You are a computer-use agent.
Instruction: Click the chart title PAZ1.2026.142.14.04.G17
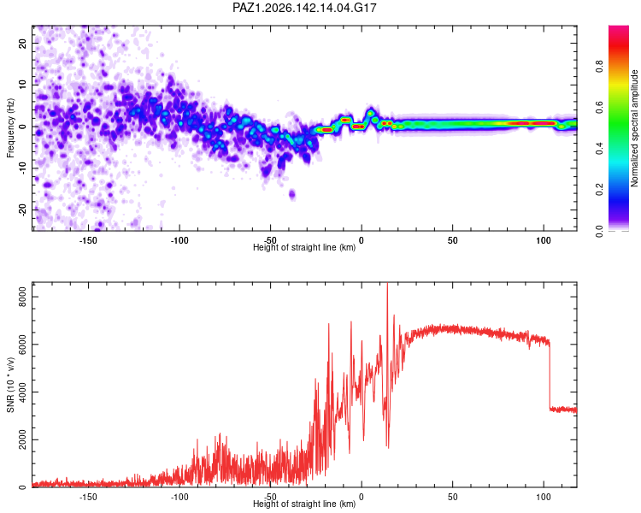pyautogui.click(x=304, y=8)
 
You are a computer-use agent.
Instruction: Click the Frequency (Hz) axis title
pyautogui.click(x=10, y=128)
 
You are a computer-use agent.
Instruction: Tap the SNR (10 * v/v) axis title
pyautogui.click(x=10, y=385)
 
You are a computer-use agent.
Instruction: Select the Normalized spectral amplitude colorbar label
pyautogui.click(x=634, y=128)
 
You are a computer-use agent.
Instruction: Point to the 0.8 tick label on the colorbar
pyautogui.click(x=599, y=67)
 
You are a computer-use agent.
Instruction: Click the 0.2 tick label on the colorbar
pyautogui.click(x=599, y=190)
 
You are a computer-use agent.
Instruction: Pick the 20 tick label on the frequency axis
pyautogui.click(x=22, y=43)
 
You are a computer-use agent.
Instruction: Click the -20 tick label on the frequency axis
pyautogui.click(x=22, y=209)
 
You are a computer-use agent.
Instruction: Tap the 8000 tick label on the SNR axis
pyautogui.click(x=22, y=297)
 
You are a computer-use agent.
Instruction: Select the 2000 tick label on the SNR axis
pyautogui.click(x=22, y=439)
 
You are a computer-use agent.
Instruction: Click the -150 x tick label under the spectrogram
pyautogui.click(x=88, y=240)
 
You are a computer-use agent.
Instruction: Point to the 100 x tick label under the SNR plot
pyautogui.click(x=544, y=497)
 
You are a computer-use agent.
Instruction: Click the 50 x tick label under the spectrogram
pyautogui.click(x=452, y=240)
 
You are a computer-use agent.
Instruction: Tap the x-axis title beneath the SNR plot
pyautogui.click(x=304, y=504)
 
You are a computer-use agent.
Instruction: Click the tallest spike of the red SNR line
pyautogui.click(x=387, y=285)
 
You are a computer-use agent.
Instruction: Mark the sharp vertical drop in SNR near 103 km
pyautogui.click(x=550, y=376)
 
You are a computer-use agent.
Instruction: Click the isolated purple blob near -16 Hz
pyautogui.click(x=292, y=194)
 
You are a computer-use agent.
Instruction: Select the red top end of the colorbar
pyautogui.click(x=619, y=29)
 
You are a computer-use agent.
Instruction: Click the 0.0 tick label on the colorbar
pyautogui.click(x=599, y=231)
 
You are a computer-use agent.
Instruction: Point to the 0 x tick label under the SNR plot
pyautogui.click(x=362, y=497)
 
